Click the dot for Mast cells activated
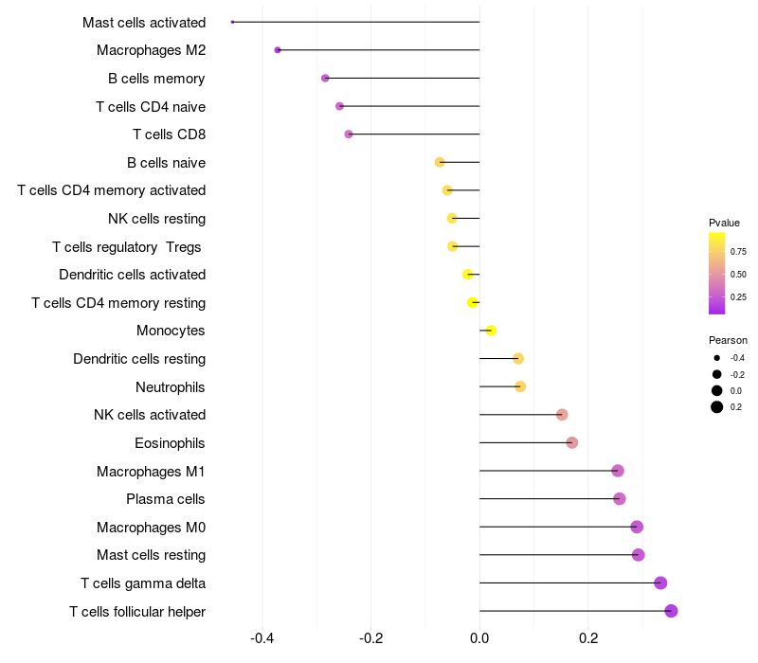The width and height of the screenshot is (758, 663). tap(232, 22)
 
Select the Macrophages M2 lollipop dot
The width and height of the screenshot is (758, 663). tap(278, 50)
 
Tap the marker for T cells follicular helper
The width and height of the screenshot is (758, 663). tap(671, 611)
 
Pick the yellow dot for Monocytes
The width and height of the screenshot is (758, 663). tap(491, 331)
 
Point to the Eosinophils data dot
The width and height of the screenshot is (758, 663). tap(571, 442)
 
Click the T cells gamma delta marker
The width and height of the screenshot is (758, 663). tap(660, 582)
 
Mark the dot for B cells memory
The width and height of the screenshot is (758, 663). tap(325, 78)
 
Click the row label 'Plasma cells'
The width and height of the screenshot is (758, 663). tap(166, 499)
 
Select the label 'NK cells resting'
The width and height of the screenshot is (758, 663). tap(156, 219)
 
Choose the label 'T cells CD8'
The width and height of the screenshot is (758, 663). tap(169, 134)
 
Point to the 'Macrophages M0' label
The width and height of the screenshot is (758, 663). tap(151, 528)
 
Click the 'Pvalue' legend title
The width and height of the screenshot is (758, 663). tap(724, 223)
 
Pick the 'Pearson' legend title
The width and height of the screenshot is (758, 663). tap(728, 340)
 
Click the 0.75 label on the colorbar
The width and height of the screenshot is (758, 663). tap(738, 251)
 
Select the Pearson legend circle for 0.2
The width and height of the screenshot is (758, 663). tap(717, 407)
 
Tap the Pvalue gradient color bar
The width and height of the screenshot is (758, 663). tap(717, 273)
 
